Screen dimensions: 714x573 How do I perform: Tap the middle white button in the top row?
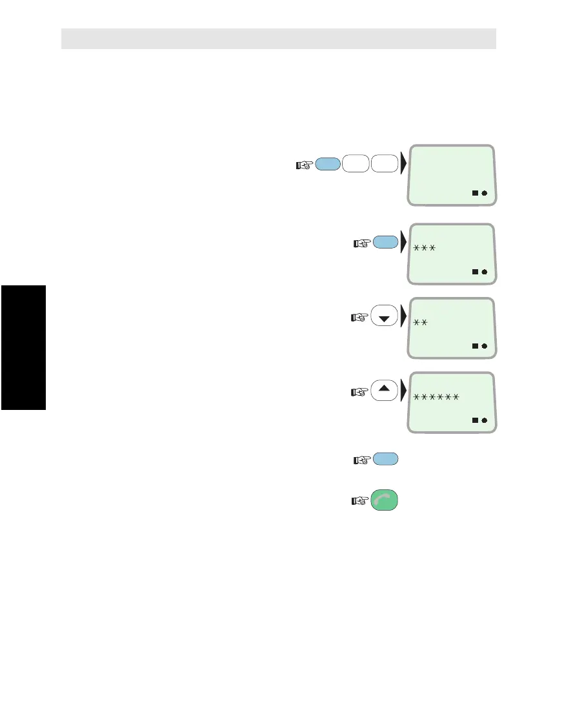pyautogui.click(x=356, y=165)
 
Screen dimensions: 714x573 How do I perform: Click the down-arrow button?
pyautogui.click(x=384, y=318)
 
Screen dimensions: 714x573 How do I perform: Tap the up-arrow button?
pyautogui.click(x=384, y=391)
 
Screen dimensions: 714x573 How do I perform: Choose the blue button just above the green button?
pyautogui.click(x=385, y=459)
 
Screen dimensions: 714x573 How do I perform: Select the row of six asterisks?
pyautogui.click(x=436, y=396)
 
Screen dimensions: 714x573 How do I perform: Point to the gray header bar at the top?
pyautogui.click(x=278, y=39)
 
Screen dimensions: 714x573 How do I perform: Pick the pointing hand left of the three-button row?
pyautogui.click(x=303, y=165)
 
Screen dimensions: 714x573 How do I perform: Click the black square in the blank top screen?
pyautogui.click(x=475, y=193)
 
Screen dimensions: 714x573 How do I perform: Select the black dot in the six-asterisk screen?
pyautogui.click(x=485, y=420)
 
